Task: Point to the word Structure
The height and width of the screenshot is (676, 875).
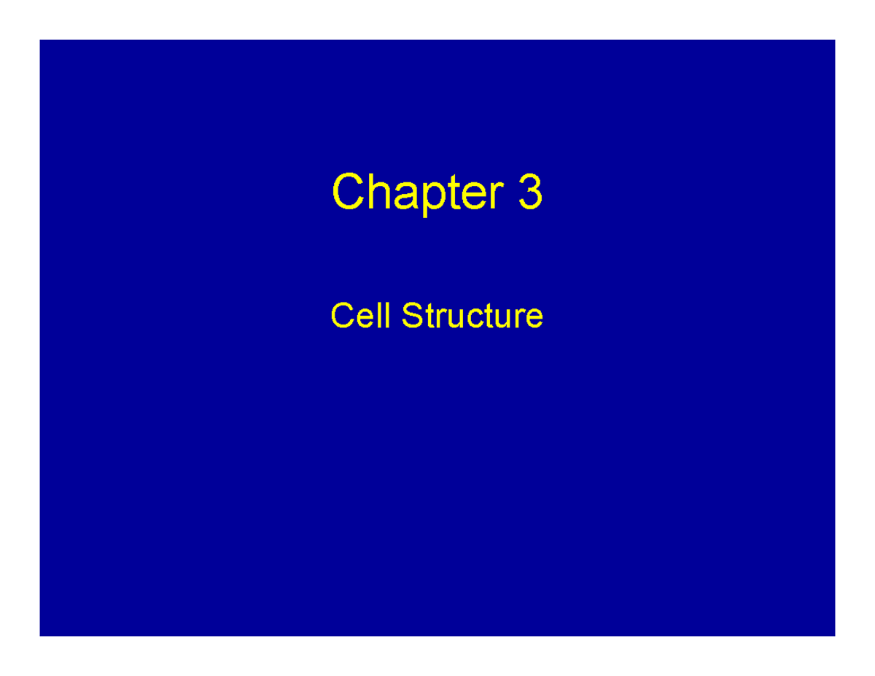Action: (x=472, y=316)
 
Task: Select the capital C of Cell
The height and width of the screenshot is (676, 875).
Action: (x=342, y=316)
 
